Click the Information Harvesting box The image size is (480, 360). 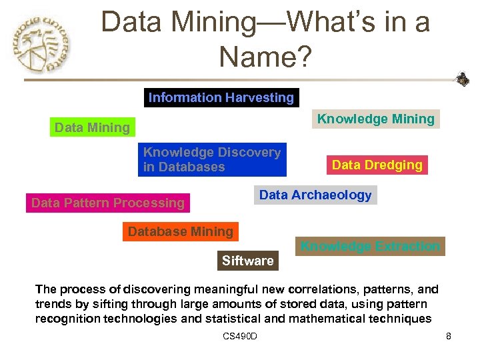221,98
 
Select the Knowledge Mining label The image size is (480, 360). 376,119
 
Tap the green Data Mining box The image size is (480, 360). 93,127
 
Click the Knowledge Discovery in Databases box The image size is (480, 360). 212,160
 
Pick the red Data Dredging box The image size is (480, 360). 377,165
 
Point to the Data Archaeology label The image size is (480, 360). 315,195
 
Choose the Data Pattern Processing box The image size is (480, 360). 108,203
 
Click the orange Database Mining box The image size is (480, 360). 181,232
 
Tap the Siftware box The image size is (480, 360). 248,261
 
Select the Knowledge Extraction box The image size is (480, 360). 371,247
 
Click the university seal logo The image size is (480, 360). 41,45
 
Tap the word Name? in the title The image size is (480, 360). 265,57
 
